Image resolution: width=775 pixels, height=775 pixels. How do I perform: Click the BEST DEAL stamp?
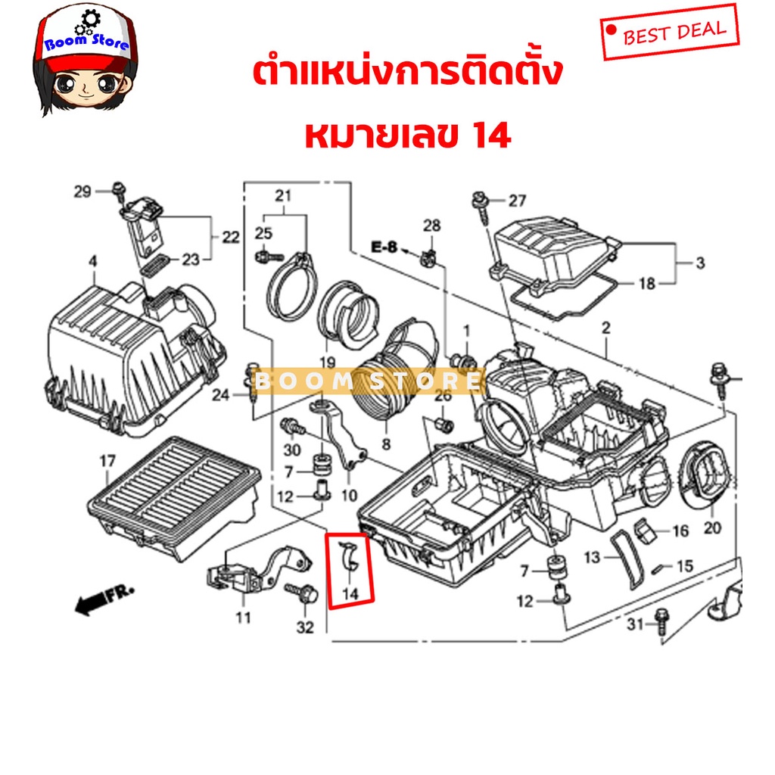pos(670,32)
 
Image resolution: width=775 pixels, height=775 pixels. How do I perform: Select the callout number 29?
pos(82,191)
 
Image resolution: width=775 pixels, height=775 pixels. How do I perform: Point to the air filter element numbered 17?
pos(174,496)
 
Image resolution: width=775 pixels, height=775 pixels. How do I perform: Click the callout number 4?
pos(93,261)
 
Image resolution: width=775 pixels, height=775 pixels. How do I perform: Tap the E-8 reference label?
pos(384,247)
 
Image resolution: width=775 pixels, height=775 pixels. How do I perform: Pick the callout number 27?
pos(517,201)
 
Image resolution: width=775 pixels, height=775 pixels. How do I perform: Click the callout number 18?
pos(647,284)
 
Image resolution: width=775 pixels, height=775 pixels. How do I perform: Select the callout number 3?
pos(700,263)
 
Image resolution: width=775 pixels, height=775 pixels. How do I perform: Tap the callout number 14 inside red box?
pos(350,593)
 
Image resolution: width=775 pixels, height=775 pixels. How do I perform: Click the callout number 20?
pos(712,528)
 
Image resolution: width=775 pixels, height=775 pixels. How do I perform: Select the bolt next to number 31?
pos(661,622)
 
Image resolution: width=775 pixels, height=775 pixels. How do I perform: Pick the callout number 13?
pos(592,558)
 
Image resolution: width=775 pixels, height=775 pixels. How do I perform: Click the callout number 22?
pos(230,237)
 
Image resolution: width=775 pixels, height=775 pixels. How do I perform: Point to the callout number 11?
pos(243,618)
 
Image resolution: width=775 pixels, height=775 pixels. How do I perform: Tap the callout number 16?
pos(680,531)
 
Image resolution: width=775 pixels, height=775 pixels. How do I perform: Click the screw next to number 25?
pos(269,257)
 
